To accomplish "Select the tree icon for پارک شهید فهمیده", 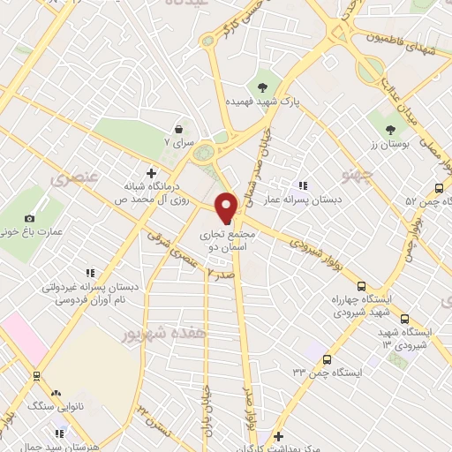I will click(x=262, y=87).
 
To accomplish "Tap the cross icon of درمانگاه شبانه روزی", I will click(x=150, y=172).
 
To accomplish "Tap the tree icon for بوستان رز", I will click(x=389, y=130).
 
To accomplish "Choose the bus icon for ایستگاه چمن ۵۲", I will click(x=439, y=187).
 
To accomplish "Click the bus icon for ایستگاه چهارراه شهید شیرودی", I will click(x=360, y=285).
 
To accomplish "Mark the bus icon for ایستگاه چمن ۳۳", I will click(x=327, y=359).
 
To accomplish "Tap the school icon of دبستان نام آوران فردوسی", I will click(x=88, y=274).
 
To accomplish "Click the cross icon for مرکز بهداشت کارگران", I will click(x=277, y=436).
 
